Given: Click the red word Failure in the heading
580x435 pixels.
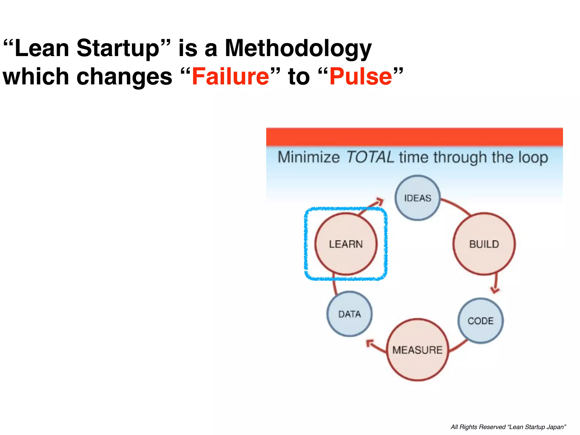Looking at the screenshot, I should point(230,76).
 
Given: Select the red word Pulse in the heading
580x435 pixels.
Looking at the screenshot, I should point(361,76).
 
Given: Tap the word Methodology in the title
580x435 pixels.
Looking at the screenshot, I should point(298,48).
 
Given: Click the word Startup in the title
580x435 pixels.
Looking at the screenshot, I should point(118,48).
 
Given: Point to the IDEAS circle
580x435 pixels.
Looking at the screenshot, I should point(417,198).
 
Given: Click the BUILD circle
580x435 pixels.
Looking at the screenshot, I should point(484,244).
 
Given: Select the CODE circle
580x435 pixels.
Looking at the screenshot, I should point(480,321).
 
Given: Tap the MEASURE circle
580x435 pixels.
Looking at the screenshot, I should point(417,350).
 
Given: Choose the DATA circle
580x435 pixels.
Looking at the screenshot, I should point(349,314).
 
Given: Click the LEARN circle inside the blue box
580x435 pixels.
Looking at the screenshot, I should point(346,244).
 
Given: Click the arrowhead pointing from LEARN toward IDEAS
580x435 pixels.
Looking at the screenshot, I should point(379,202).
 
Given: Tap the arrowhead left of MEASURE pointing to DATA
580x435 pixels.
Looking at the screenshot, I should point(370,344).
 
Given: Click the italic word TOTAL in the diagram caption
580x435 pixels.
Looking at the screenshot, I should point(370,157).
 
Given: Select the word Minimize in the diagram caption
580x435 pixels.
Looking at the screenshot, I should point(308,157).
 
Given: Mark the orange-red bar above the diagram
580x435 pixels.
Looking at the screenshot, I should point(414,137).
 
